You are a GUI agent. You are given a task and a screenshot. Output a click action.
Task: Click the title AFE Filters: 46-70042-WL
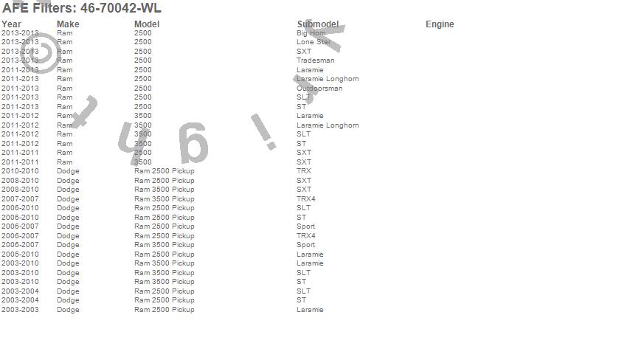(82, 9)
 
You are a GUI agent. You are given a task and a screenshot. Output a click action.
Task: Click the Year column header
(12, 24)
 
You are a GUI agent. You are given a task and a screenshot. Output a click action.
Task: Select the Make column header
(68, 24)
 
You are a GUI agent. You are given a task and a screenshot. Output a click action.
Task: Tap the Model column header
(147, 24)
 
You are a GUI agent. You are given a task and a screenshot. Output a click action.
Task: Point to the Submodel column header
(318, 24)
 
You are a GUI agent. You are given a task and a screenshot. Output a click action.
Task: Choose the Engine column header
(440, 24)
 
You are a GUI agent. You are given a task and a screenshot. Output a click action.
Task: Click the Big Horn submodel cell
(311, 33)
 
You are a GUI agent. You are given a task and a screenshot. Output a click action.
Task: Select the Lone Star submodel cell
(313, 42)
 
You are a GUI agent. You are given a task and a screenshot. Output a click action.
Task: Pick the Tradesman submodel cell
(315, 60)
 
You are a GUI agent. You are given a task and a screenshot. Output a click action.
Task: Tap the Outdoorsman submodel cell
(319, 89)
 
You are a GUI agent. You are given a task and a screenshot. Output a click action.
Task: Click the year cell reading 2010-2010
(20, 171)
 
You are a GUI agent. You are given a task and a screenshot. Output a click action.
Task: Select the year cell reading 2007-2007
(20, 199)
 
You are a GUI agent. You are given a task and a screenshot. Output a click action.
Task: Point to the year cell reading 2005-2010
(20, 255)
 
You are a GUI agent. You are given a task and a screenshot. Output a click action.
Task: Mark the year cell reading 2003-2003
(20, 310)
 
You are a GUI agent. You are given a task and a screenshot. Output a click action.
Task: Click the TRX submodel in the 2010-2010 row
(304, 171)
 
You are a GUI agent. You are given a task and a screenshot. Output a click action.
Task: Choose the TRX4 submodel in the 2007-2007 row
(306, 199)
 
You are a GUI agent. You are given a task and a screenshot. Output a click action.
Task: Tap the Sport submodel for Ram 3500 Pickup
(305, 245)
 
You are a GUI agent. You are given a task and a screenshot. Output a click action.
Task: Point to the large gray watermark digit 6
(193, 144)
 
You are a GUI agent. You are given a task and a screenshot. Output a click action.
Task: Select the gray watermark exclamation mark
(264, 131)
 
